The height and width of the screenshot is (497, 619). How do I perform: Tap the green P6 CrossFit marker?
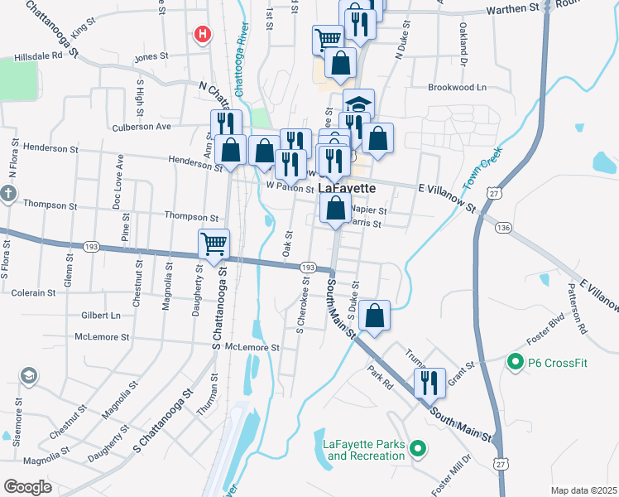coord(514,362)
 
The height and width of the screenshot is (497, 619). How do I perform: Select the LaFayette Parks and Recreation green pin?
coord(418,450)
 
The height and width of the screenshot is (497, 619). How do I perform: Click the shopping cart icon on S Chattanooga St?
coord(214,244)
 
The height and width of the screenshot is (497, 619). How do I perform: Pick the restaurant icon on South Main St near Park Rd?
coord(429,383)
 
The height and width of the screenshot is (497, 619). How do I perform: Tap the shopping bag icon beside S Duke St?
coord(374,315)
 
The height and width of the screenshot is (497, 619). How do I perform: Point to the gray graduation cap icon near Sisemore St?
coord(29,376)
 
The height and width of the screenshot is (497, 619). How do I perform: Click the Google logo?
coord(27,486)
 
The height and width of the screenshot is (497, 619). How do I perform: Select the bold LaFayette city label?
coord(347,188)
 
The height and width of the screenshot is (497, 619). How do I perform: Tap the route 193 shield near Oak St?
coord(307,268)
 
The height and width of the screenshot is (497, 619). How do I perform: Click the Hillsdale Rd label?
coord(38,58)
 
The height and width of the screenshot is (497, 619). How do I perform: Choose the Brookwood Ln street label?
coord(457,87)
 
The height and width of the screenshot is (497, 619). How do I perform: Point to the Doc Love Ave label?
coord(119,177)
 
